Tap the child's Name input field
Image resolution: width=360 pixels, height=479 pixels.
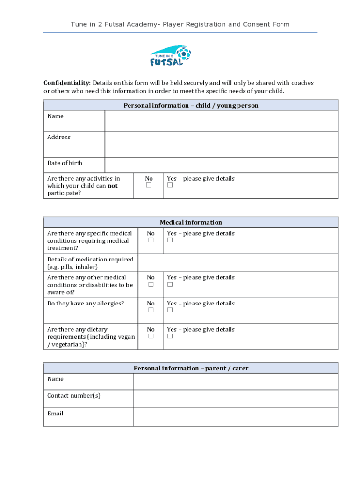(x=221, y=121)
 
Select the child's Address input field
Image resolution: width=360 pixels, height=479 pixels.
(x=221, y=144)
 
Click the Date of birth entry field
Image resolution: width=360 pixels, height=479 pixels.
(x=221, y=165)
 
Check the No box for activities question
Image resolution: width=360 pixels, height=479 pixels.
(x=149, y=185)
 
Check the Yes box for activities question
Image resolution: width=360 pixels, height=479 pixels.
(x=170, y=185)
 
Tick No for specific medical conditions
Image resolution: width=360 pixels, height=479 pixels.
(x=151, y=240)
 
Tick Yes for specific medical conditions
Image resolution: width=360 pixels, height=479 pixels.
(x=170, y=240)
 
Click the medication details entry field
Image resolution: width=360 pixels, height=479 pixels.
(x=238, y=263)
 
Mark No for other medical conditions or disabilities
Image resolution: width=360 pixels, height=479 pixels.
(x=151, y=284)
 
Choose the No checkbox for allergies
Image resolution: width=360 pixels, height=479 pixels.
(x=151, y=310)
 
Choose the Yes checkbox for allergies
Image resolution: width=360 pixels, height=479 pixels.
(x=170, y=310)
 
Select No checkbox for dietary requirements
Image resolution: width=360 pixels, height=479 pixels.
(x=151, y=336)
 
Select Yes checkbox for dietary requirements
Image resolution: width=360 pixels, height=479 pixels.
(x=170, y=336)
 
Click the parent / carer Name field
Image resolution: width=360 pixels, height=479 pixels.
(x=236, y=382)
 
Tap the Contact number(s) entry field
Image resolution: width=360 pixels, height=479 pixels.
(x=236, y=399)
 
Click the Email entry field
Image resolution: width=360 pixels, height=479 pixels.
(x=236, y=417)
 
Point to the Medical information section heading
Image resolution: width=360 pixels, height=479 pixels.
(x=191, y=223)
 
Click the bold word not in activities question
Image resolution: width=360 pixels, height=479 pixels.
(x=113, y=186)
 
